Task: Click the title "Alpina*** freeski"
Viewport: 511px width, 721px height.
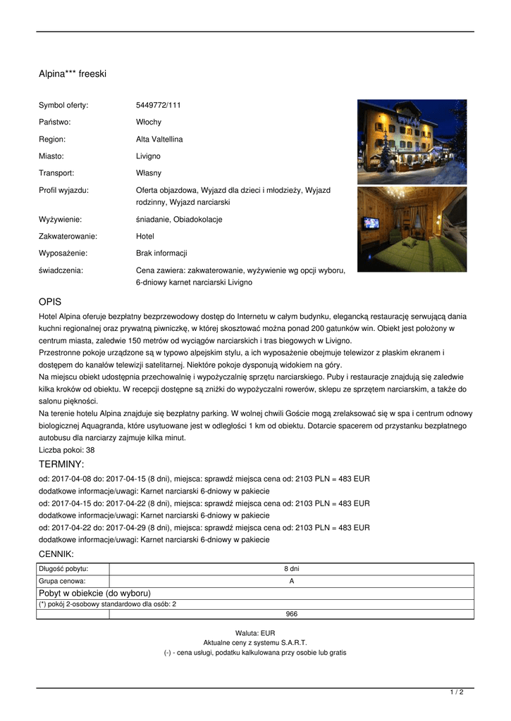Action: [x=73, y=73]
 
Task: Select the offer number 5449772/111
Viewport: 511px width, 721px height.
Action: [x=159, y=106]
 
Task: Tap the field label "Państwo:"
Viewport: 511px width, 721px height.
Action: [x=55, y=123]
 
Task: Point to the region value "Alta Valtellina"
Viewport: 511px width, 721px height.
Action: [x=159, y=139]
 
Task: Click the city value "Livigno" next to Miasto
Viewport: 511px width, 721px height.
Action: [x=148, y=156]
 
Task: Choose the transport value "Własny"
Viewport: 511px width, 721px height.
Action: [x=149, y=173]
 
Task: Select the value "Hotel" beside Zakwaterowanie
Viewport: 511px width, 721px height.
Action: [x=145, y=237]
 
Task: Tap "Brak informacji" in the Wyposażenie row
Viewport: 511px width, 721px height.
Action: [x=161, y=253]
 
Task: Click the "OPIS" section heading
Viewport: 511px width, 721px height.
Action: [x=50, y=301]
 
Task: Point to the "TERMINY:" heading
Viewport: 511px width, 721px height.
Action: [x=61, y=464]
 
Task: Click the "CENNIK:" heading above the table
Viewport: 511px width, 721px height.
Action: [x=56, y=554]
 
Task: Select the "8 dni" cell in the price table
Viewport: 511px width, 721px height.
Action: [x=291, y=569]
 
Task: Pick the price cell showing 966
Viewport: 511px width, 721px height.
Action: [x=291, y=614]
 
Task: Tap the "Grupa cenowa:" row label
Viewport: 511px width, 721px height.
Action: [x=62, y=582]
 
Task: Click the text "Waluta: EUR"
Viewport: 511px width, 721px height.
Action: [x=255, y=633]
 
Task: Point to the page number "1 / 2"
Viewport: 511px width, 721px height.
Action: [x=457, y=693]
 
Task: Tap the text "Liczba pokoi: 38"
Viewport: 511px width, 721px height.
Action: [x=67, y=450]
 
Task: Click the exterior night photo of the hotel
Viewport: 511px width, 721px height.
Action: [x=412, y=142]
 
